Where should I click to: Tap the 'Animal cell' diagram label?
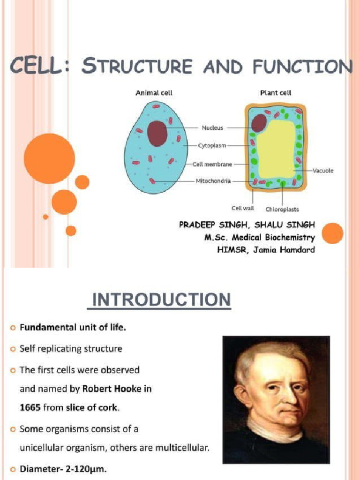point(154,93)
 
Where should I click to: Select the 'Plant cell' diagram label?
point(276,93)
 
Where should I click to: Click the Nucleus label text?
point(212,127)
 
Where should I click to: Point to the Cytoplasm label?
point(212,146)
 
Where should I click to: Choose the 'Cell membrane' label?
point(212,165)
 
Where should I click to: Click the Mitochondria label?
point(213,181)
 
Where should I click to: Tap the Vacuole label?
point(323,171)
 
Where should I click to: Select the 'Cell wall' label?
point(242,209)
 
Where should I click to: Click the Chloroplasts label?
point(282,209)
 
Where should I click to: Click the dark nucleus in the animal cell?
point(157,133)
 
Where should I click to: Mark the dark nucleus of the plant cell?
point(258,123)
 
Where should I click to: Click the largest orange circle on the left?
point(49,158)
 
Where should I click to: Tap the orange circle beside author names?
point(333,233)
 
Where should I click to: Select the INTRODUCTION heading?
point(159,300)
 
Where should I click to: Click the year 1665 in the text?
point(30,407)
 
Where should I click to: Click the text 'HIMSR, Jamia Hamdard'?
point(266,250)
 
